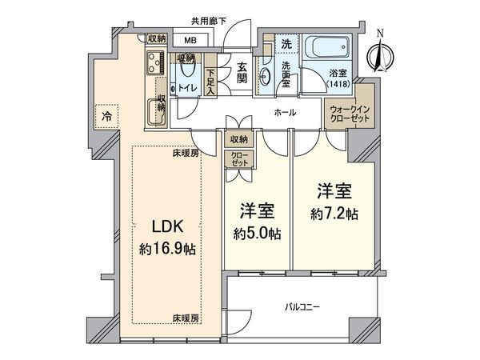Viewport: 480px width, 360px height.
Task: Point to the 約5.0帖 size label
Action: coord(257,234)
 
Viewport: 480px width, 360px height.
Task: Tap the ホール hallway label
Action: coord(283,114)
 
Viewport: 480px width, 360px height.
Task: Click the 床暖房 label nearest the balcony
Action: coord(185,318)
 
